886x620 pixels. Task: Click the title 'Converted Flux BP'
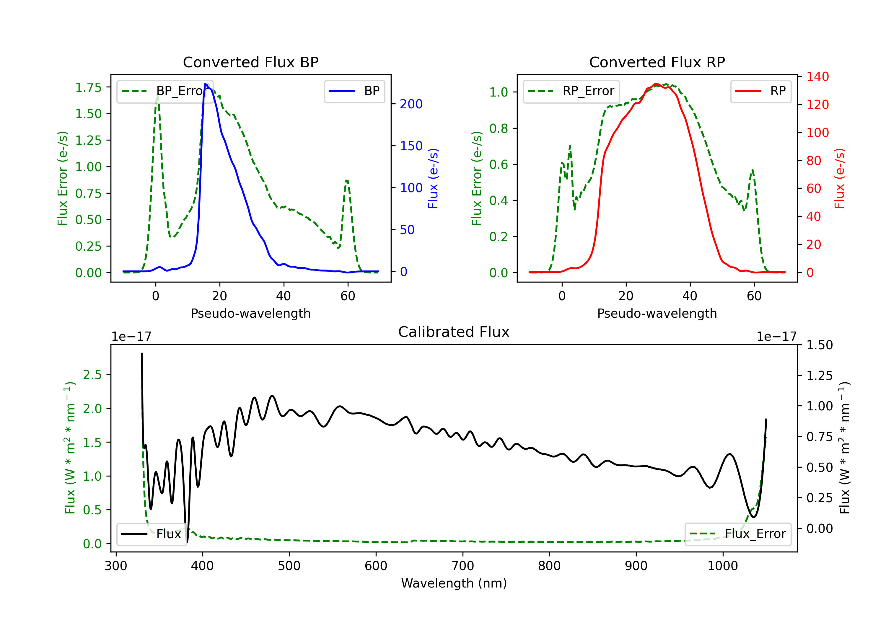pyautogui.click(x=250, y=62)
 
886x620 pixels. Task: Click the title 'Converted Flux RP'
pyautogui.click(x=657, y=62)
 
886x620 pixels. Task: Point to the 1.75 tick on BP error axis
pyautogui.click(x=88, y=88)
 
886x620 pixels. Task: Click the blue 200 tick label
pyautogui.click(x=411, y=104)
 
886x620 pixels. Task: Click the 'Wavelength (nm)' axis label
pyautogui.click(x=454, y=583)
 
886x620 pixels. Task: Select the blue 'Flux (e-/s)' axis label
pyautogui.click(x=433, y=178)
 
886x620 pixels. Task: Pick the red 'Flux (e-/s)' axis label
pyautogui.click(x=839, y=178)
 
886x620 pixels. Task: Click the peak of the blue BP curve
pyautogui.click(x=206, y=84)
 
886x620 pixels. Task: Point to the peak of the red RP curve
pyautogui.click(x=656, y=84)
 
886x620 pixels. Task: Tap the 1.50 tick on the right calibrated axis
pyautogui.click(x=819, y=345)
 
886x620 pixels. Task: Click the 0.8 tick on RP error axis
pyautogui.click(x=498, y=128)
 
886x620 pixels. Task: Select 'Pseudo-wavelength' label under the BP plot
pyautogui.click(x=250, y=313)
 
